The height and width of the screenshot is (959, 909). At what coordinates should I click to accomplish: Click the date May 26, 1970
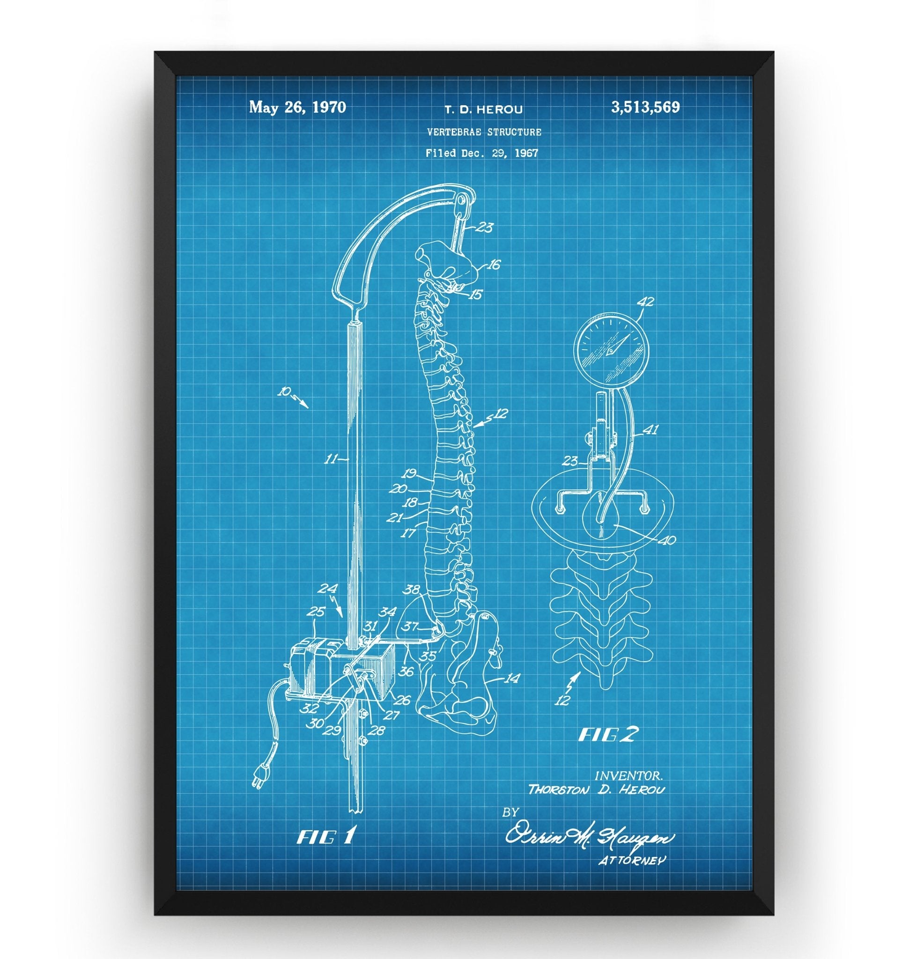point(297,107)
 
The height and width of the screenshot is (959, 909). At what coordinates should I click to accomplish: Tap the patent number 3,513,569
point(645,107)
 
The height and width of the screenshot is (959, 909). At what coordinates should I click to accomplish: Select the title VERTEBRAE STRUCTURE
point(484,132)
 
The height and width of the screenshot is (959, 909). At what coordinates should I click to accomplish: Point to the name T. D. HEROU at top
point(484,110)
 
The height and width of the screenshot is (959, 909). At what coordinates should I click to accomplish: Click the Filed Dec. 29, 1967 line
point(481,153)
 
